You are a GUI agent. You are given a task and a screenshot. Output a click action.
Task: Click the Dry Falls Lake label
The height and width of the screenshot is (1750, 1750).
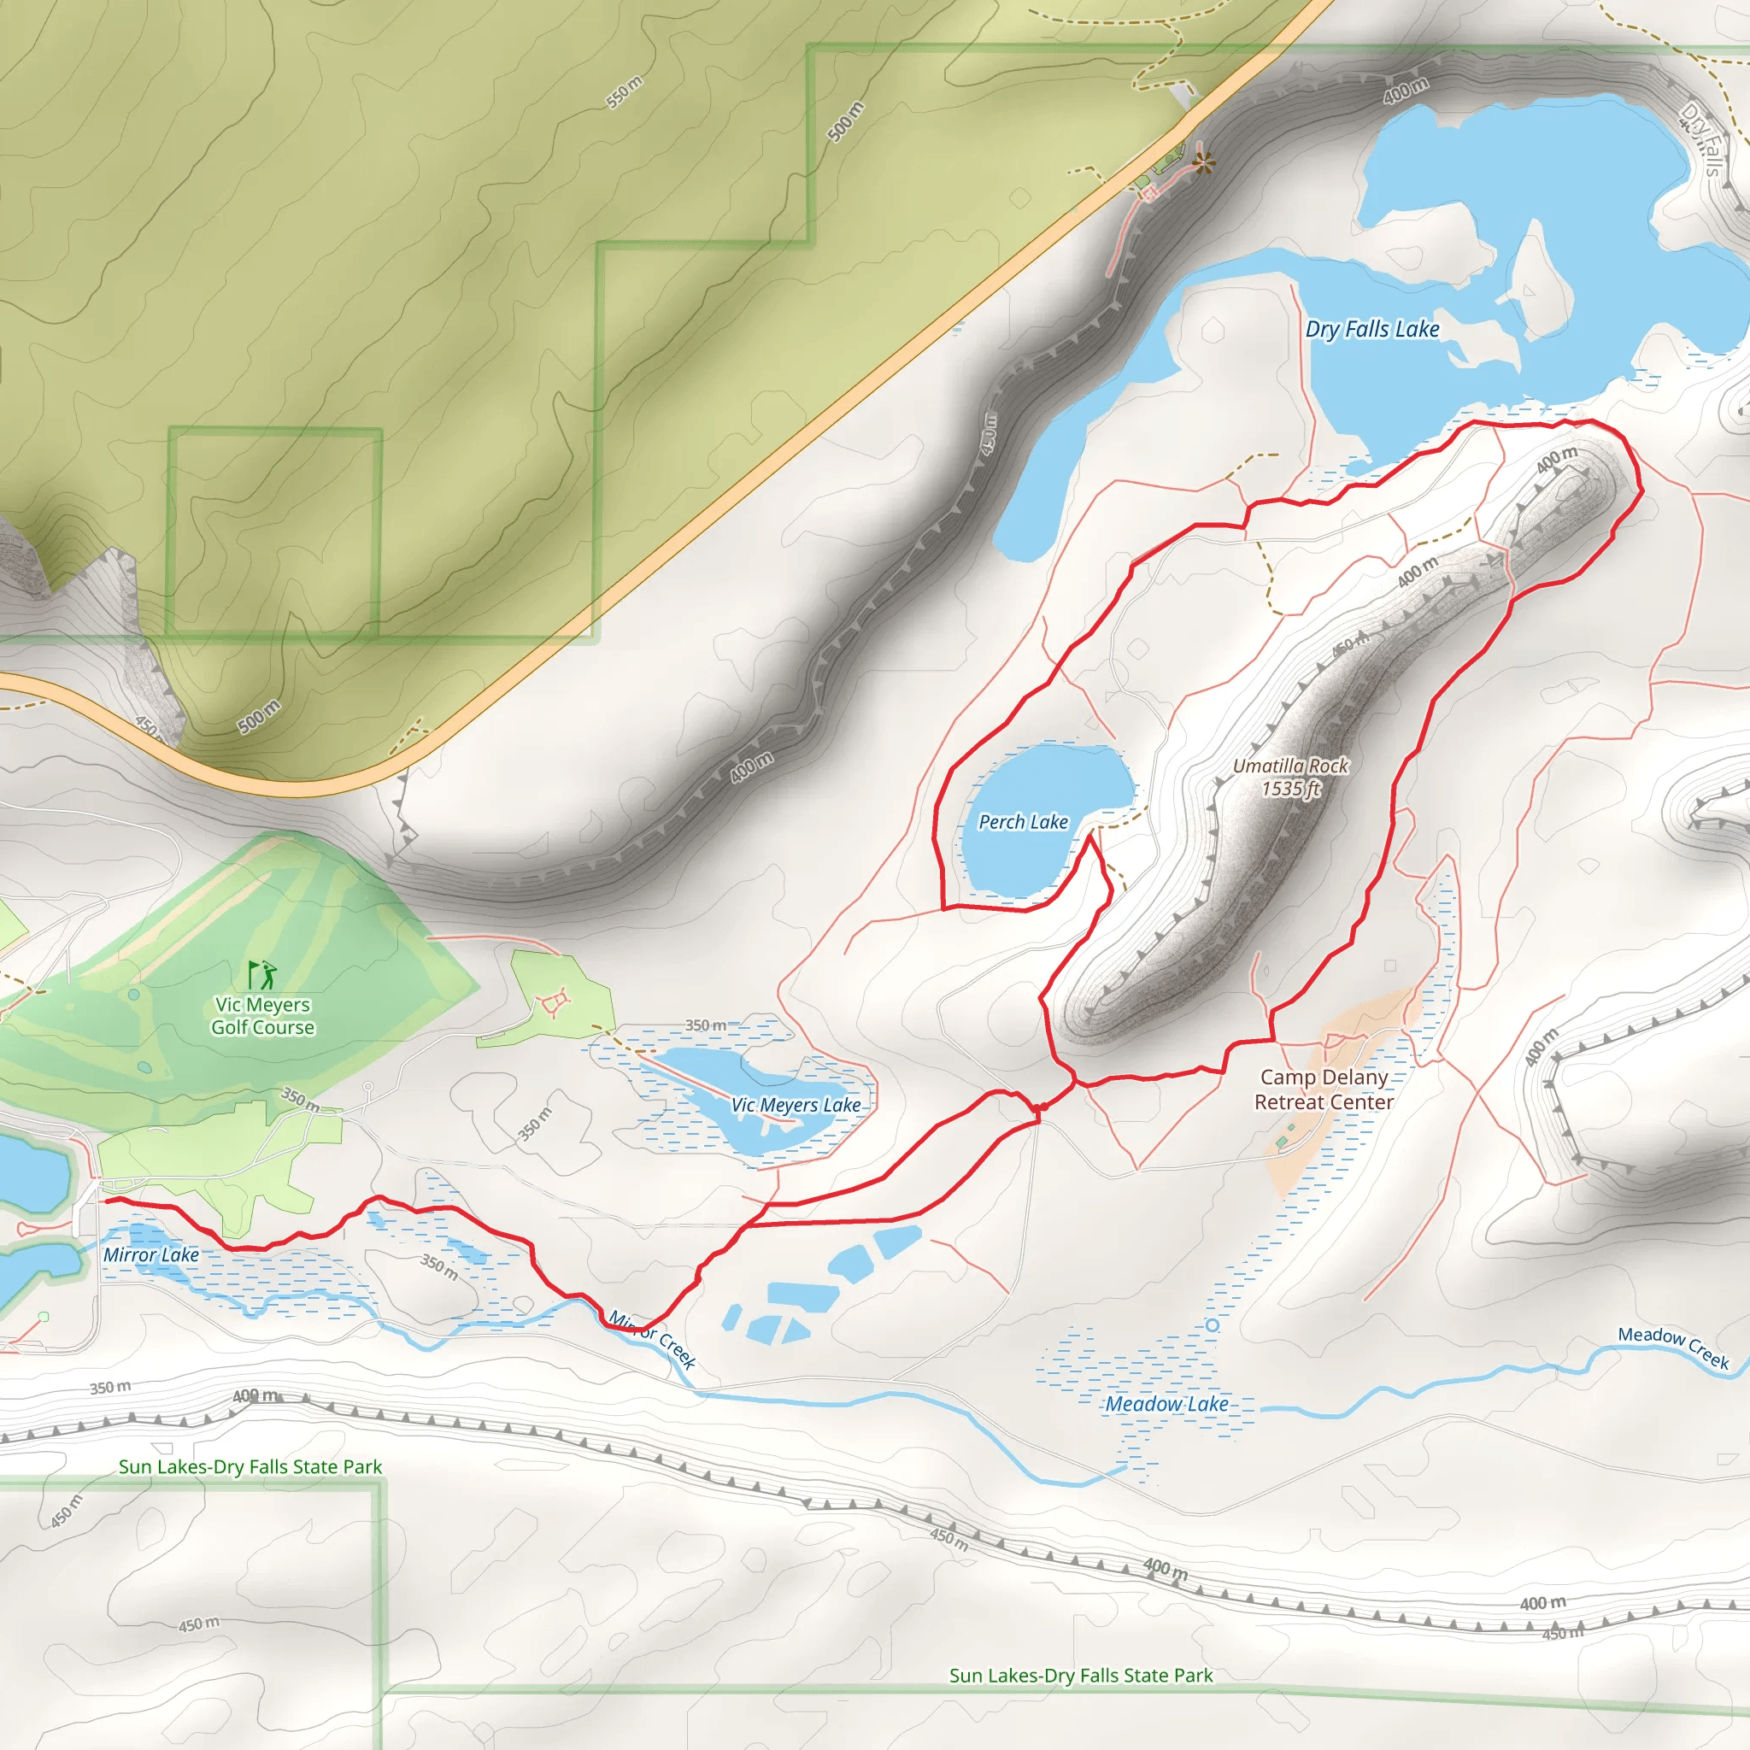pyautogui.click(x=1372, y=329)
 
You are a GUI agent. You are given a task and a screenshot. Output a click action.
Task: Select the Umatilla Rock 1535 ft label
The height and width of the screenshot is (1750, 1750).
pyautogui.click(x=1291, y=778)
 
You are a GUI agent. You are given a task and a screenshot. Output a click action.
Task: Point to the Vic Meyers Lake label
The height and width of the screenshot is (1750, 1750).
pyautogui.click(x=796, y=1105)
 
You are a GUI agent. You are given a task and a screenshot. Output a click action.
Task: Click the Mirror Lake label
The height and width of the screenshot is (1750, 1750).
pyautogui.click(x=150, y=1254)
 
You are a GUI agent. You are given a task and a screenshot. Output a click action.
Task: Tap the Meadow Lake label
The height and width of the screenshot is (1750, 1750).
pyautogui.click(x=1166, y=1404)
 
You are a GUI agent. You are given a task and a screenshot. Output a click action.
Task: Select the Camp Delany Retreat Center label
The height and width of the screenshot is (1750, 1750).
pyautogui.click(x=1324, y=1089)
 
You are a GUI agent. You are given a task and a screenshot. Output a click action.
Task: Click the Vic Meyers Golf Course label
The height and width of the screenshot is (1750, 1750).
pyautogui.click(x=262, y=1015)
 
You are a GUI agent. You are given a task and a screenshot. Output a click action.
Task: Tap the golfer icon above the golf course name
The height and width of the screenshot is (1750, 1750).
pyautogui.click(x=262, y=975)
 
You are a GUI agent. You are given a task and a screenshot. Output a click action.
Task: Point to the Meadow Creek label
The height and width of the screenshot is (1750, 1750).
pyautogui.click(x=1674, y=1347)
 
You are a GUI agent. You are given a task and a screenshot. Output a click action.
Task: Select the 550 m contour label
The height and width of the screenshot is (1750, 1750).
pyautogui.click(x=624, y=92)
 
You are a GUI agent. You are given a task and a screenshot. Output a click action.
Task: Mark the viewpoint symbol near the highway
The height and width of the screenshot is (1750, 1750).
pyautogui.click(x=1204, y=163)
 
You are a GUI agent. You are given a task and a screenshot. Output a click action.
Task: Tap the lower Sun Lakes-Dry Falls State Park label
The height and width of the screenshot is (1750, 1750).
pyautogui.click(x=1081, y=1676)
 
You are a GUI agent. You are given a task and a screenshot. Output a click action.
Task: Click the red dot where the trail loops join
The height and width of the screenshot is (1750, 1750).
pyautogui.click(x=1039, y=1107)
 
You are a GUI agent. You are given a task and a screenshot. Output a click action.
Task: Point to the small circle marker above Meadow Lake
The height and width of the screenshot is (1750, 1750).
pyautogui.click(x=1213, y=1325)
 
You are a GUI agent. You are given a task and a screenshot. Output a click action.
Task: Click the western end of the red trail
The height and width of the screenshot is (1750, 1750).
pyautogui.click(x=107, y=1201)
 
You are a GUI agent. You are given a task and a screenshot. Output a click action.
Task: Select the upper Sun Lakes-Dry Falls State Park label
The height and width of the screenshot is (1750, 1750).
pyautogui.click(x=250, y=1466)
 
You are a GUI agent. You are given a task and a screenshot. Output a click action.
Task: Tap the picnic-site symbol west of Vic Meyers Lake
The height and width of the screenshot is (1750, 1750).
pyautogui.click(x=553, y=1004)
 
